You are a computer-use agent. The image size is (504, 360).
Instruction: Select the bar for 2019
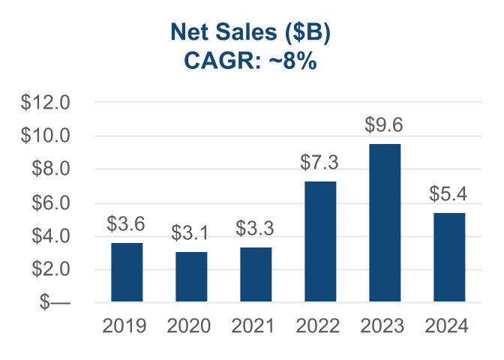click(x=127, y=272)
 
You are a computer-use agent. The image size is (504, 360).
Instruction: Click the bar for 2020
click(x=191, y=277)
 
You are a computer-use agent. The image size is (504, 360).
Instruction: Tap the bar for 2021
click(x=256, y=274)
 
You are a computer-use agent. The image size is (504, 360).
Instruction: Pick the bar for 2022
click(x=320, y=241)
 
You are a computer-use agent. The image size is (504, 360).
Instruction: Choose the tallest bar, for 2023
click(x=385, y=223)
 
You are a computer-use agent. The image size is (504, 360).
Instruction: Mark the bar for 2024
click(x=449, y=257)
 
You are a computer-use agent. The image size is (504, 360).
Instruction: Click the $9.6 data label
click(x=385, y=125)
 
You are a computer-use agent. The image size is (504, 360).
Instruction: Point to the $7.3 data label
click(x=320, y=163)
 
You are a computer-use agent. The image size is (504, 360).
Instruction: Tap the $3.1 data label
click(x=191, y=233)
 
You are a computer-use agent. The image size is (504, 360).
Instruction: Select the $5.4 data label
click(x=449, y=194)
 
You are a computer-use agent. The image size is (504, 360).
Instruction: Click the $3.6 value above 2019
click(x=127, y=224)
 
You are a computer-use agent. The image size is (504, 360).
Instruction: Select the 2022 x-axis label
click(x=320, y=326)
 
